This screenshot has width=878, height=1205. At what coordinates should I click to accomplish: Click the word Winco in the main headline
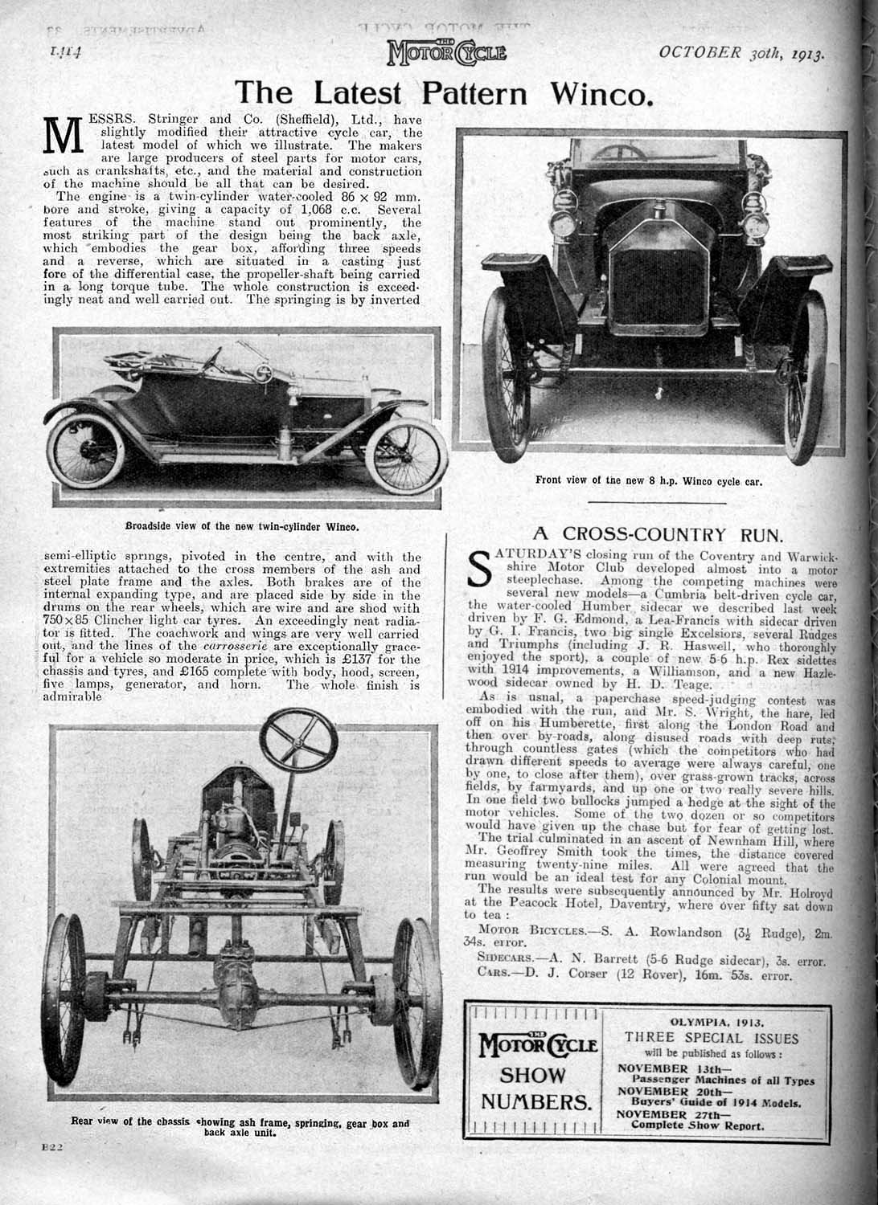599,94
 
